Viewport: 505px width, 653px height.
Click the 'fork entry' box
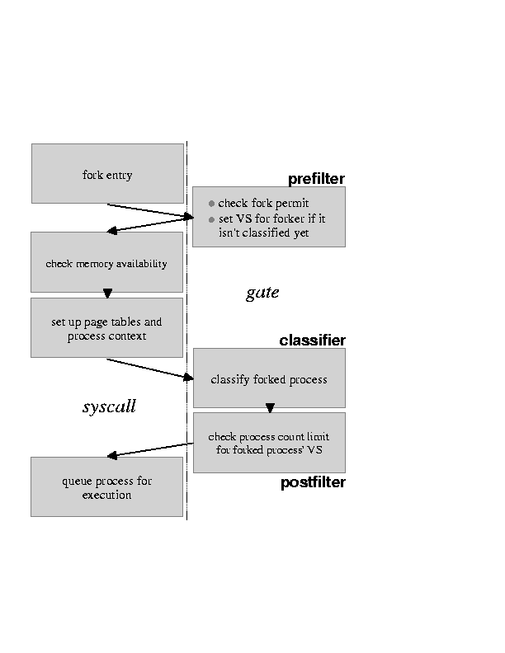(x=107, y=173)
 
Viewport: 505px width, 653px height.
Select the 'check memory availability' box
(x=106, y=262)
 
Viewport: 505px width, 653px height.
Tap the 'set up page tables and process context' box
(x=106, y=327)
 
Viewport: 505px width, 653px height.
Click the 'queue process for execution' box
(x=106, y=486)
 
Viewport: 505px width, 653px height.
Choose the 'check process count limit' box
(x=268, y=442)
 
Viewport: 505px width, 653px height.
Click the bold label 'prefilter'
(x=316, y=179)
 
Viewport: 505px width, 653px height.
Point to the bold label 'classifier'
(x=312, y=341)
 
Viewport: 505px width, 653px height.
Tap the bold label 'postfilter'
(x=313, y=482)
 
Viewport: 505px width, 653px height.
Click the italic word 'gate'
(x=262, y=293)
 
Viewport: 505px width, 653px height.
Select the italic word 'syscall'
(x=109, y=406)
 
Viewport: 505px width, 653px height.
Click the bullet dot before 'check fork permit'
(x=211, y=204)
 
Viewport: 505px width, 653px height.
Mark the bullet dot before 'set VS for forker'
(x=211, y=219)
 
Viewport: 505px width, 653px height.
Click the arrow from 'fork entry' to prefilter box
(x=149, y=210)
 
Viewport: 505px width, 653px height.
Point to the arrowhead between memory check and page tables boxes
(x=107, y=294)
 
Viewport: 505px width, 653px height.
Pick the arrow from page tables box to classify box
(x=149, y=369)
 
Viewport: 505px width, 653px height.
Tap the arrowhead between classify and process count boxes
(x=270, y=408)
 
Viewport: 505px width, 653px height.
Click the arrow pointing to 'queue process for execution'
(x=149, y=450)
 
